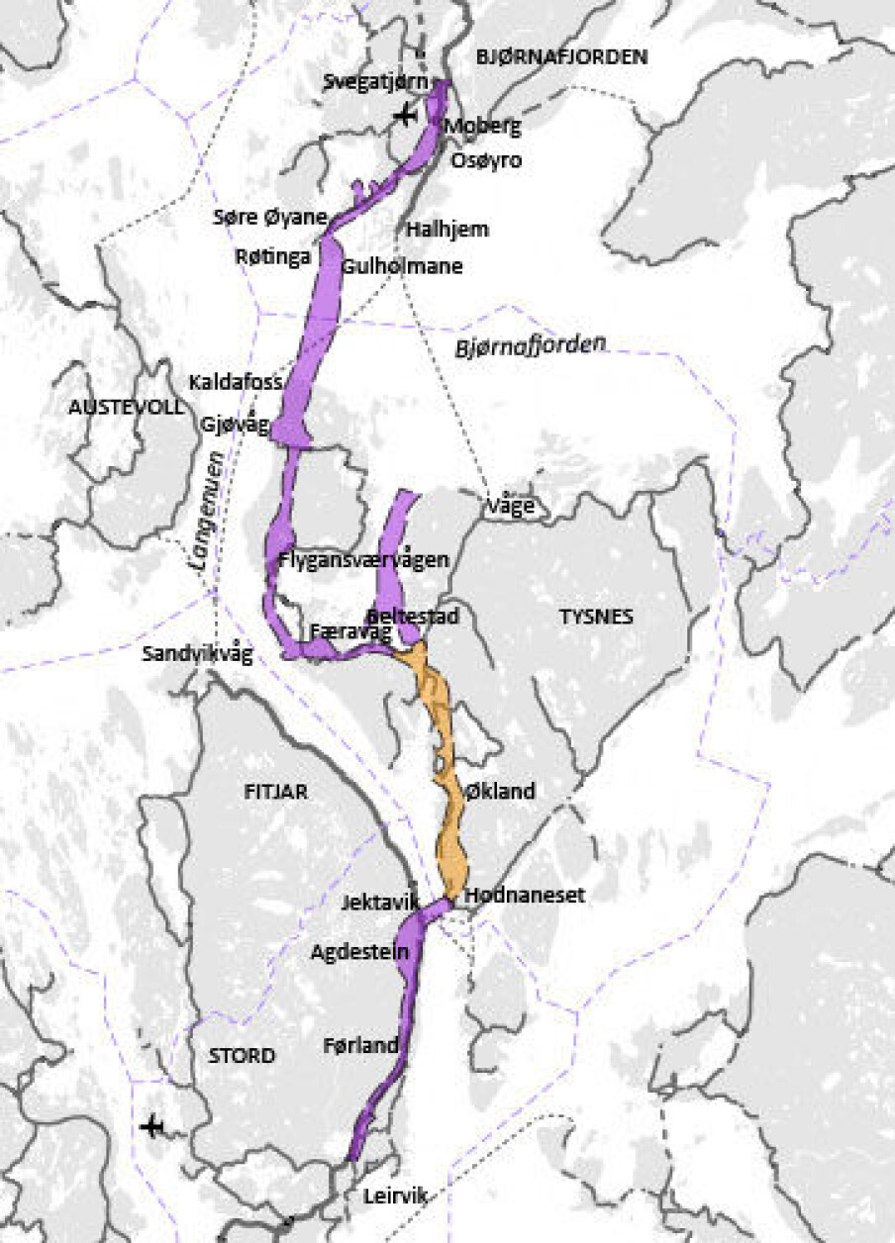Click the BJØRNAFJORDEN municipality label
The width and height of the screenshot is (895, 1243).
[x=561, y=57]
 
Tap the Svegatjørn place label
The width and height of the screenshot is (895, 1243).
[x=371, y=83]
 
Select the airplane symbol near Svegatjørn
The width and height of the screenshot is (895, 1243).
[x=404, y=116]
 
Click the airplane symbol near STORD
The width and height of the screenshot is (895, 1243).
[x=151, y=1126]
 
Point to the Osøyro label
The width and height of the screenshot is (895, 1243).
[x=486, y=160]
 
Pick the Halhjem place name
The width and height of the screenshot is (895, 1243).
[x=448, y=230]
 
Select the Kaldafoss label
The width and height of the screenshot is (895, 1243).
[x=237, y=382]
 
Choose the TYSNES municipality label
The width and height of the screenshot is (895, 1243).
[x=596, y=617]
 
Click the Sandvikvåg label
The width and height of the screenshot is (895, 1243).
[x=198, y=654]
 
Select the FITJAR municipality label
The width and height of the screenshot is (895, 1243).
[x=276, y=792]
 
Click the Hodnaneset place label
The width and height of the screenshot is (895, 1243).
[x=525, y=895]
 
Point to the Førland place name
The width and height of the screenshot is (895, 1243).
[x=360, y=1045]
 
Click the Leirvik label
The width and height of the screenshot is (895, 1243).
[x=395, y=1195]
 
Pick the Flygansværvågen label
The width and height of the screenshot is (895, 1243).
[x=364, y=559]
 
